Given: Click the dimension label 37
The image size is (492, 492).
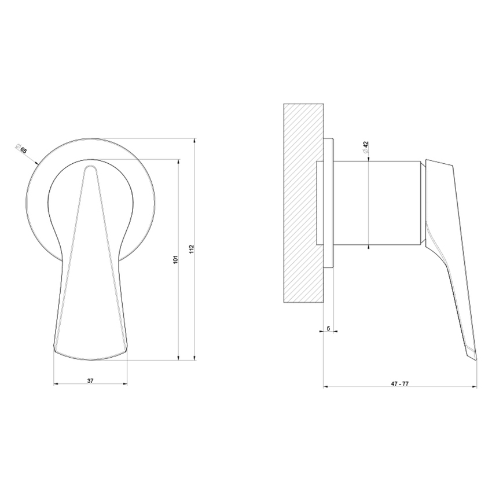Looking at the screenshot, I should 90,381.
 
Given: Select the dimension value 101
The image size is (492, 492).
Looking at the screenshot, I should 176,260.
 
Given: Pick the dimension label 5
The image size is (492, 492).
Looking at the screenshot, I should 329,328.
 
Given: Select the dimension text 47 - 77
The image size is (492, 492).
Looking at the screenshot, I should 399,384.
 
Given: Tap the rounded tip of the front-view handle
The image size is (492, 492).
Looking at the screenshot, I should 90,168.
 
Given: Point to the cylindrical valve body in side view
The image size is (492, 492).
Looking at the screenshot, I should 376,203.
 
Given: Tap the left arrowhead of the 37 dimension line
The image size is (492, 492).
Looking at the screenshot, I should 54,384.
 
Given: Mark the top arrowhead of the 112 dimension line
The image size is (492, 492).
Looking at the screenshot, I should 195,139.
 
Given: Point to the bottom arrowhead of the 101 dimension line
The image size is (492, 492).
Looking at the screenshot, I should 178,359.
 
